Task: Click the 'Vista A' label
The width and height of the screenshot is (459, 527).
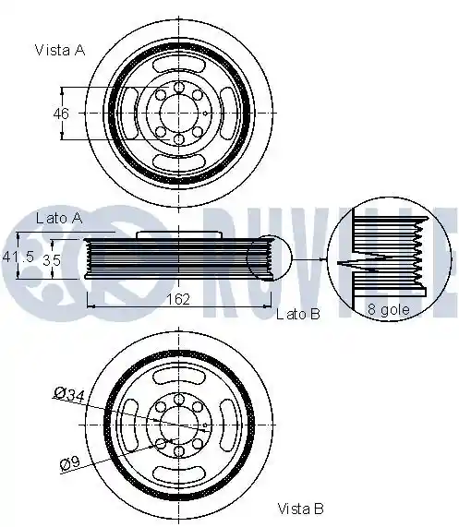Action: [60, 50]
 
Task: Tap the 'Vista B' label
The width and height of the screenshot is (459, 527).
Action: [300, 509]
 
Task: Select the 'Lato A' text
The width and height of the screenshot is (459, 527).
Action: [59, 219]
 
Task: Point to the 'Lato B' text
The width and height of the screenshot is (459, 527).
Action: [298, 314]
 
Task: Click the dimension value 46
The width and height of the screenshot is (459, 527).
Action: [61, 114]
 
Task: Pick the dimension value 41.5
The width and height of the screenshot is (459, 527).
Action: [18, 257]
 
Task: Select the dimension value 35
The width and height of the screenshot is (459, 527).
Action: [52, 259]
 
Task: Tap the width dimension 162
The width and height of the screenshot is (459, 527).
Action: [178, 299]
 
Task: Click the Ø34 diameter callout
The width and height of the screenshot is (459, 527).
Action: [69, 394]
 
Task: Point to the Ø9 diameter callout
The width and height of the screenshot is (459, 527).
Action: [70, 463]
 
